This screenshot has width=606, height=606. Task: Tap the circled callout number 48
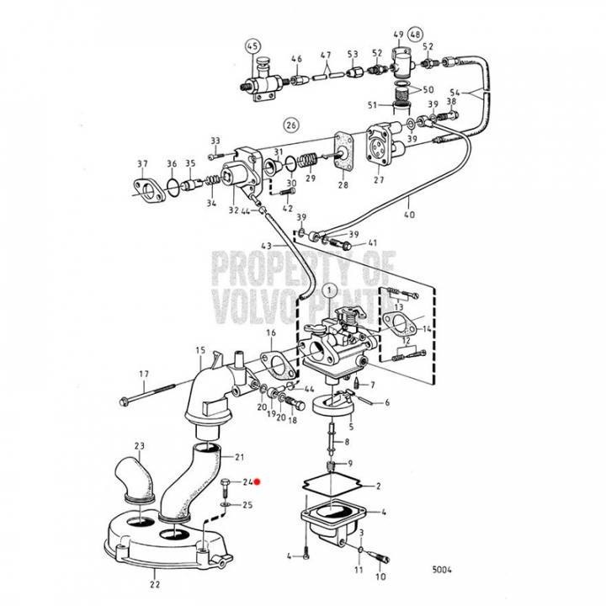point(416,35)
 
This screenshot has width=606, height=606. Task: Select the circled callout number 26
point(291,126)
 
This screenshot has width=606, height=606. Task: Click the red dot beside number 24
point(259,482)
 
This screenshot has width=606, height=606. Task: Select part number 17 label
point(144,374)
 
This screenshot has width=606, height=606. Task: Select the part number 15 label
point(199,349)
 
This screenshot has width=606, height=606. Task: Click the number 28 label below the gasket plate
point(343,184)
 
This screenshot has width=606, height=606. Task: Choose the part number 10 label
point(380,578)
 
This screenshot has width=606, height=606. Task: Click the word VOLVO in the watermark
point(252,300)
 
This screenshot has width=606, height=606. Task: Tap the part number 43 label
point(265,245)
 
